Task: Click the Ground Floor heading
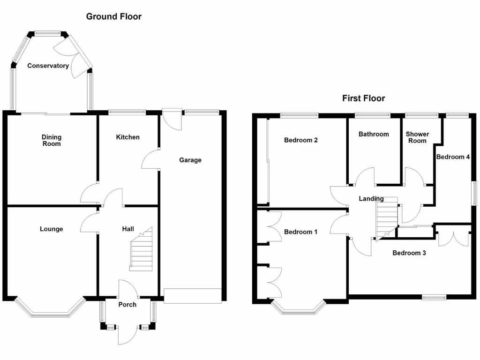114,16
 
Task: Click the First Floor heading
363,98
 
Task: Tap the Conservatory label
48,66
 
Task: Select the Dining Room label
52,140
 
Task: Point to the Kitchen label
127,137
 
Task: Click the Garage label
190,160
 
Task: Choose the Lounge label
52,229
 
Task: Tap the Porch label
127,305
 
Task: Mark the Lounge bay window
50,307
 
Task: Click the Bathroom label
374,134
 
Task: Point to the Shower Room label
417,137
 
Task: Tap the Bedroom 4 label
453,157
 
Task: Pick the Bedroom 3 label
409,253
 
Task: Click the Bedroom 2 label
300,140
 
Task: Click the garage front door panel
193,296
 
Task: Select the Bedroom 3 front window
434,297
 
